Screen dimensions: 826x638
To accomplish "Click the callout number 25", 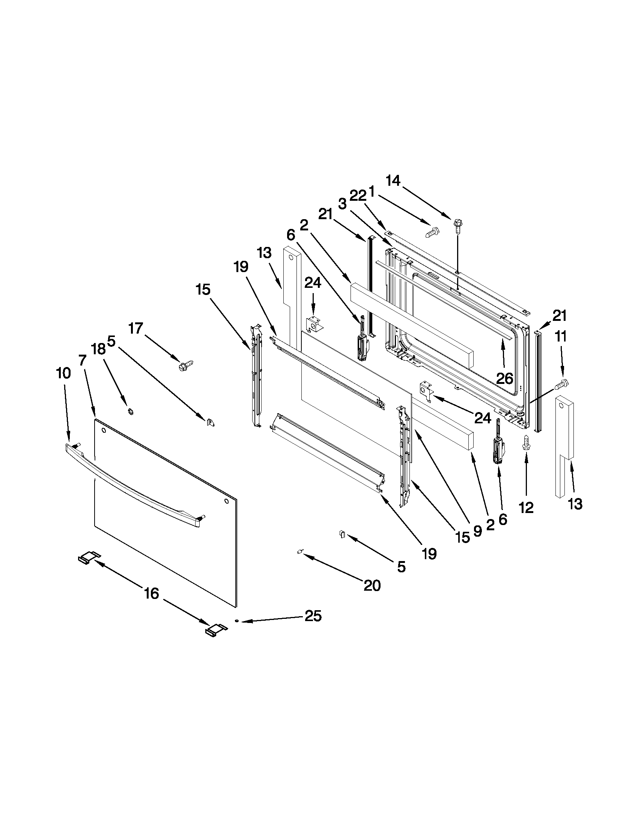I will pos(313,616).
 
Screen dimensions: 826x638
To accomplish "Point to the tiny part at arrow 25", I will pos(236,621).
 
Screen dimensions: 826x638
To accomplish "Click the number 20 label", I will pos(372,585).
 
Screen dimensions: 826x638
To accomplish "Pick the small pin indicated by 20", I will pos(299,552).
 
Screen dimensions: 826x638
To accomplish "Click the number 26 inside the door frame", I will pos(505,378).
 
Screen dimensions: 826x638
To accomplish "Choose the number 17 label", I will pos(135,328).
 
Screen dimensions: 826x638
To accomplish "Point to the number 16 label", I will pos(151,593).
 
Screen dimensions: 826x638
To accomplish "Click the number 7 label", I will pos(83,360).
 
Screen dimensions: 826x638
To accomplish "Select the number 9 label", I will pos(477,531).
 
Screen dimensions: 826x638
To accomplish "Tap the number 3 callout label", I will pos(342,204).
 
